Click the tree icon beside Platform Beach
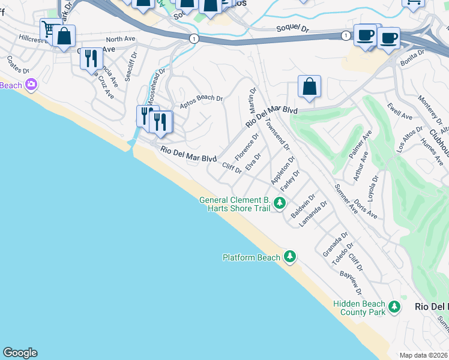click(x=291, y=257)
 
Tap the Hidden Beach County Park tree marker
click(x=394, y=307)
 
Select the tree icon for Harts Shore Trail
click(x=279, y=203)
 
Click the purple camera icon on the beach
click(x=31, y=85)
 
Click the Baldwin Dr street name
click(x=303, y=206)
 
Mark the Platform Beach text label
click(x=252, y=257)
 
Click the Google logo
click(x=20, y=353)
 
